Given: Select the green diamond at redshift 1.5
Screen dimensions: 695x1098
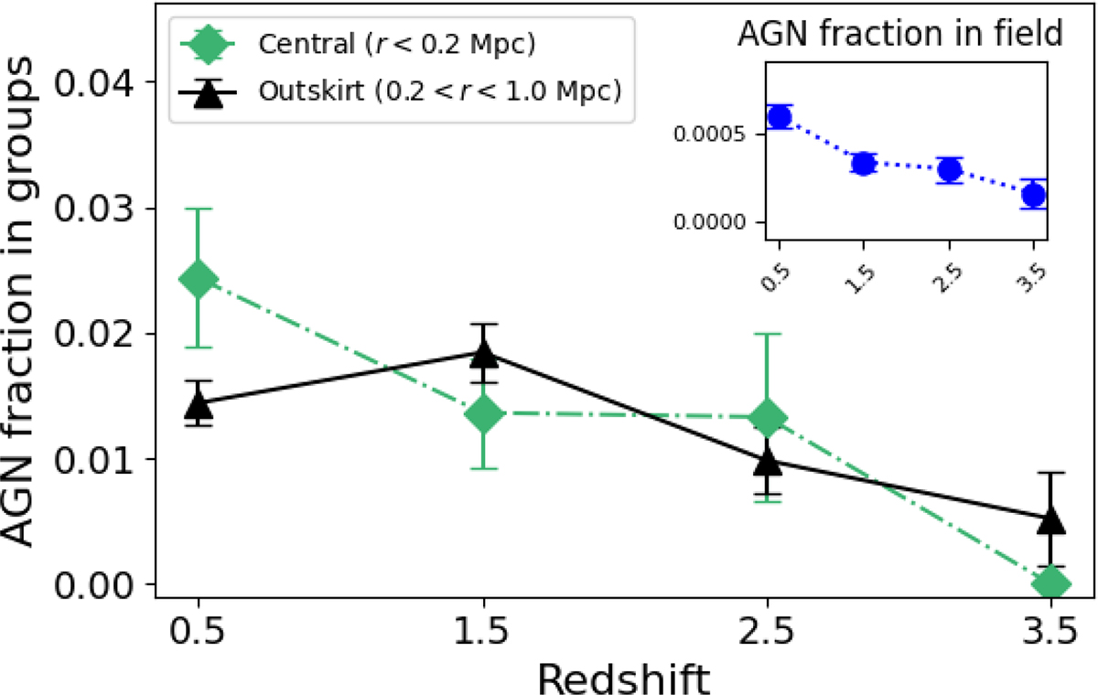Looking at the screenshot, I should click(x=483, y=413).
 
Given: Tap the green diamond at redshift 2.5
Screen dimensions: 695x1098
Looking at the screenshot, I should click(x=767, y=417).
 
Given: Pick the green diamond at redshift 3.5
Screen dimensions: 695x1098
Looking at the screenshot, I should click(x=1051, y=582).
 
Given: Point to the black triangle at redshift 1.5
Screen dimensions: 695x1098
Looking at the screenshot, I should click(x=483, y=352).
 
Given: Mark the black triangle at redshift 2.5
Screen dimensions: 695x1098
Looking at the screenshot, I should click(x=767, y=462).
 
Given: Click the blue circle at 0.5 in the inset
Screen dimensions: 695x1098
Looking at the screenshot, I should click(x=780, y=117).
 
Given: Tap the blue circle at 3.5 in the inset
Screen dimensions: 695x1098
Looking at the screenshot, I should click(x=1034, y=195).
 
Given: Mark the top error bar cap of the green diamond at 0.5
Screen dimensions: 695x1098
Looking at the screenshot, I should click(x=199, y=208).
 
